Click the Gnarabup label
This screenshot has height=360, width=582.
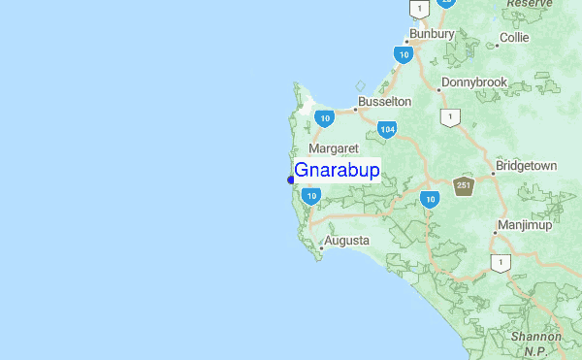337,171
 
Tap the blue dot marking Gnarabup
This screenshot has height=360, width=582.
291,180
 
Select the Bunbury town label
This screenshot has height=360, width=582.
432,34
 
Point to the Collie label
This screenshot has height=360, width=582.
513,39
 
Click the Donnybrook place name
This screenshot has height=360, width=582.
473,82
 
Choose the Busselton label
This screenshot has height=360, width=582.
384,101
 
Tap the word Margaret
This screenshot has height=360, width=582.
334,148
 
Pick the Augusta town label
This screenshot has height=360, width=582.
347,240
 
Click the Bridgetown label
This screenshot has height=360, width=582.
526,166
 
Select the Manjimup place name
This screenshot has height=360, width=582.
524,225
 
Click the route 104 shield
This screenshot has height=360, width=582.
387,129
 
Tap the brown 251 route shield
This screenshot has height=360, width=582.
464,186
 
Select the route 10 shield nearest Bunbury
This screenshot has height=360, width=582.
404,55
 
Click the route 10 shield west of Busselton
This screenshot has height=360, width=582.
325,118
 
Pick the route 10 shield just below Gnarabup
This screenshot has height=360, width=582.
310,196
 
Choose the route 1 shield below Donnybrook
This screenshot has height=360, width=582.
449,117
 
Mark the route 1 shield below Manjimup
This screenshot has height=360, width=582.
501,263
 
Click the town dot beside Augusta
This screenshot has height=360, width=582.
321,247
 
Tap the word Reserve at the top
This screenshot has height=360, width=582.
529,4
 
